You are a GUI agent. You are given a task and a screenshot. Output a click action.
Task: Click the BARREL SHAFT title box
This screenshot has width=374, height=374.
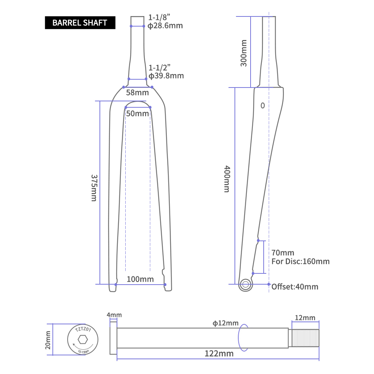click(x=80, y=23)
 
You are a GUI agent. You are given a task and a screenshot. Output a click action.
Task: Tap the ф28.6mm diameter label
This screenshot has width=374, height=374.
click(x=165, y=25)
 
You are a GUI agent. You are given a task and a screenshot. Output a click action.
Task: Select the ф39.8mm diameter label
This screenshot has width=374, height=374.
click(x=166, y=76)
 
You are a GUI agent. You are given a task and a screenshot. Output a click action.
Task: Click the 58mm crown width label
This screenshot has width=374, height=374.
click(x=137, y=92)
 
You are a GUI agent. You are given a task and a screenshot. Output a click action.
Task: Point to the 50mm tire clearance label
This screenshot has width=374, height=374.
click(x=138, y=114)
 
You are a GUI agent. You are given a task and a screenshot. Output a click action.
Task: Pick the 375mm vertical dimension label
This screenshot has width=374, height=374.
click(x=94, y=188)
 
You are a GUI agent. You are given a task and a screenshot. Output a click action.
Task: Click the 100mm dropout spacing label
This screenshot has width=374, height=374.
click(x=140, y=279)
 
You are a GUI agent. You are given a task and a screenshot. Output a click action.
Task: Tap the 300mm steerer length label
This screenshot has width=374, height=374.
click(x=243, y=53)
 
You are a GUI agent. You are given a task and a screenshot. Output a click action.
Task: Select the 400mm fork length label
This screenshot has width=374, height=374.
click(x=227, y=179)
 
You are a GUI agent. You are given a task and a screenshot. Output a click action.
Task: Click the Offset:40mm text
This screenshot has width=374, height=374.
click(x=295, y=287)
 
